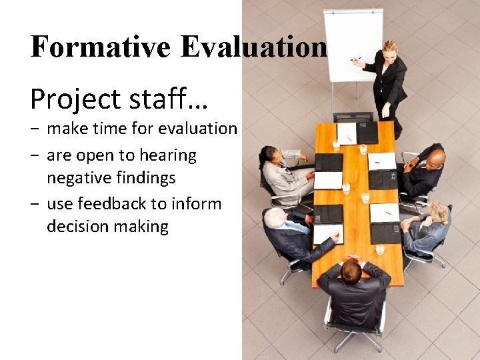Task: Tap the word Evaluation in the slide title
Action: (x=255, y=47)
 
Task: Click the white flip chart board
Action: (x=353, y=43)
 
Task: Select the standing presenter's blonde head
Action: (x=389, y=49)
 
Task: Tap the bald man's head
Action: (x=435, y=159)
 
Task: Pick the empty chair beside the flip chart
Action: (x=353, y=117)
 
